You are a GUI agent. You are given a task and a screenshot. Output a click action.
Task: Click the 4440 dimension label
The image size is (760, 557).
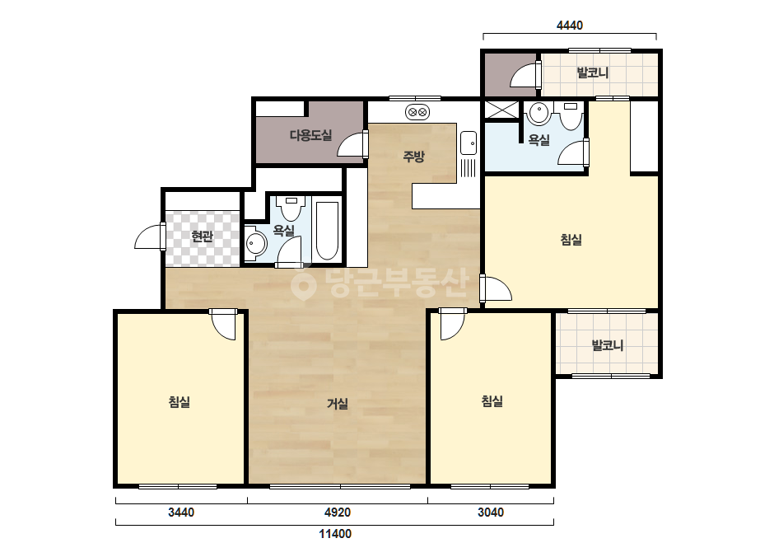tap(570, 26)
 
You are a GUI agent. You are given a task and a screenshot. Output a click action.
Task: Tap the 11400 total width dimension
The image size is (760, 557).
tap(335, 534)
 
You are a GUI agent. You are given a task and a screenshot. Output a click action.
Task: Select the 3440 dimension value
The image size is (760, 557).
tap(181, 512)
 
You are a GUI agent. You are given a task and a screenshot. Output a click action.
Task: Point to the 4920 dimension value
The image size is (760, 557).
tap(338, 512)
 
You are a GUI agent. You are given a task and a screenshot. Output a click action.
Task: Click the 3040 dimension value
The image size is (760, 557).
tap(491, 512)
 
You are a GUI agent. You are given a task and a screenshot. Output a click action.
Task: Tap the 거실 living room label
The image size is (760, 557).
tap(338, 403)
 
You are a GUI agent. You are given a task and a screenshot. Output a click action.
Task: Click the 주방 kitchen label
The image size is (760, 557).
tap(414, 157)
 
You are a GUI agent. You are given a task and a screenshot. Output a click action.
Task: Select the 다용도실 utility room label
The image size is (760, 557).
tap(310, 135)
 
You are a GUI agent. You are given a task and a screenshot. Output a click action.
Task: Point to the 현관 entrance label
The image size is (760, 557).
tap(202, 236)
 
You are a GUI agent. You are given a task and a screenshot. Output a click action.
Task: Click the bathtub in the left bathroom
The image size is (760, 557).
tap(327, 231)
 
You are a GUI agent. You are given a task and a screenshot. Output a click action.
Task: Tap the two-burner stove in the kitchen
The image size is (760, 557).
tap(417, 113)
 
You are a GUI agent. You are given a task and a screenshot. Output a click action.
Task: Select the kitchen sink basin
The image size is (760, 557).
tap(469, 143)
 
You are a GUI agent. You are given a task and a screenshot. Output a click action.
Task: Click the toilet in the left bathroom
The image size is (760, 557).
tap(291, 207)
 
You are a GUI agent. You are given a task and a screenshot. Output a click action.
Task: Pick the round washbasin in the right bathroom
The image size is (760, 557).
tap(539, 114)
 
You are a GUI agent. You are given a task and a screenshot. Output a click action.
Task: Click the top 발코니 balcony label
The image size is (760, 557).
tap(592, 73)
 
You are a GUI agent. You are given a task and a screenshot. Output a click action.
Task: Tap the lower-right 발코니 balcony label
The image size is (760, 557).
tap(608, 345)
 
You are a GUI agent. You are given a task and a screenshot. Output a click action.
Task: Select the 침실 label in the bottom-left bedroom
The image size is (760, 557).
tap(180, 402)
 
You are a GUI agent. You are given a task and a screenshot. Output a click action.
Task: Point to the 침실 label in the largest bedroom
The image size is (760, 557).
tap(571, 239)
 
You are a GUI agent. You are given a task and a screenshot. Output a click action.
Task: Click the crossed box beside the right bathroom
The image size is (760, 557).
tap(502, 110)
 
